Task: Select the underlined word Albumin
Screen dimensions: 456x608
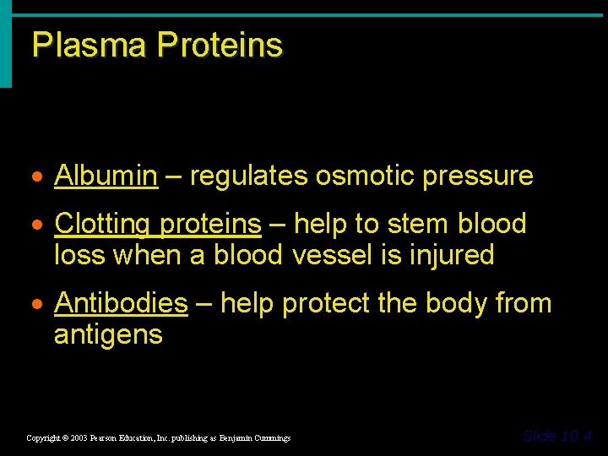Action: [x=106, y=176]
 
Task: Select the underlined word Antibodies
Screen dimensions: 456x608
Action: [x=121, y=302]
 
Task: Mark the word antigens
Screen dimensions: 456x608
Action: [x=108, y=334]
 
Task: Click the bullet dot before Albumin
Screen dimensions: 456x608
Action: [x=40, y=177]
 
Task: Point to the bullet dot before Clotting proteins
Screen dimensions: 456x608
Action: [x=40, y=225]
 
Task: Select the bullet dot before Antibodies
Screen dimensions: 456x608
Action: [x=40, y=304]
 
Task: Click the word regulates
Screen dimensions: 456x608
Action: [x=249, y=176]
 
